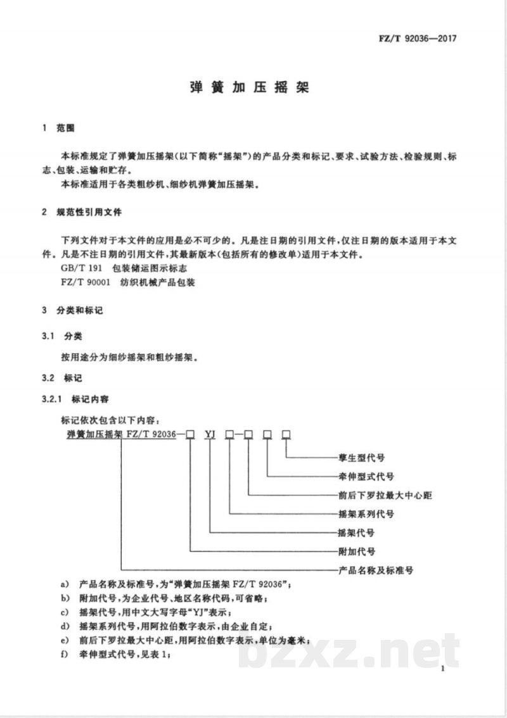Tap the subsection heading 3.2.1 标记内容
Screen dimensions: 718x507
pos(74,400)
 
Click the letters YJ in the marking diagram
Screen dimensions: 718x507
pos(211,434)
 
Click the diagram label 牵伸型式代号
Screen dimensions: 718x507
pos(362,476)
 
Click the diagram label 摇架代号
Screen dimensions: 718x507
pos(353,532)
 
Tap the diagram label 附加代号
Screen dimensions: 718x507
pos(353,551)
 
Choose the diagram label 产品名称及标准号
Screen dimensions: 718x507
pos(371,570)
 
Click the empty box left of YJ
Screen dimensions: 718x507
pos(189,434)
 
